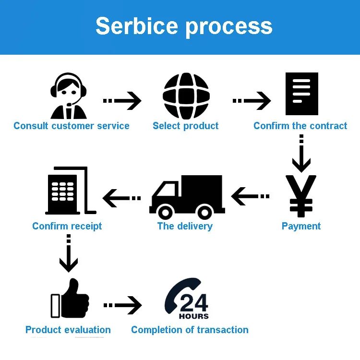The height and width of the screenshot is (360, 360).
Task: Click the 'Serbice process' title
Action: pos(184,26)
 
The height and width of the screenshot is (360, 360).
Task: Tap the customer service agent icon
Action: pos(69,96)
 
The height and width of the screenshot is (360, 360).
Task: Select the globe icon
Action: pos(186,96)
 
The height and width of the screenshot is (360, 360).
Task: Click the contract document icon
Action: pos(301,94)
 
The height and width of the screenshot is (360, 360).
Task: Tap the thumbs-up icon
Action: pos(70,299)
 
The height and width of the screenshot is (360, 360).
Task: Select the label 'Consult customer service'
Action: pos(72,126)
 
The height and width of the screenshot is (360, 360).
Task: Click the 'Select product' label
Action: pos(185,126)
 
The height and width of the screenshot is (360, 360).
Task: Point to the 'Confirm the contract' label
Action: pos(300,126)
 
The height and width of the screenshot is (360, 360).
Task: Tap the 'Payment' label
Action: pos(301,226)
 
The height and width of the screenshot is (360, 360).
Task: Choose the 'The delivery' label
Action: pos(185,226)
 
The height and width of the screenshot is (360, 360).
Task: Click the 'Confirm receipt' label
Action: pos(67,226)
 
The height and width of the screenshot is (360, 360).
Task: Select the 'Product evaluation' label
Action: pos(68,330)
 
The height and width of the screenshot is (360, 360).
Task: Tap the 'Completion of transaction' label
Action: pos(190,330)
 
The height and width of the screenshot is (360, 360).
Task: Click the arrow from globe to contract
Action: pos(252,101)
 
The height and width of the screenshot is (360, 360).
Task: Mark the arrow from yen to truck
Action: pos(250,196)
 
